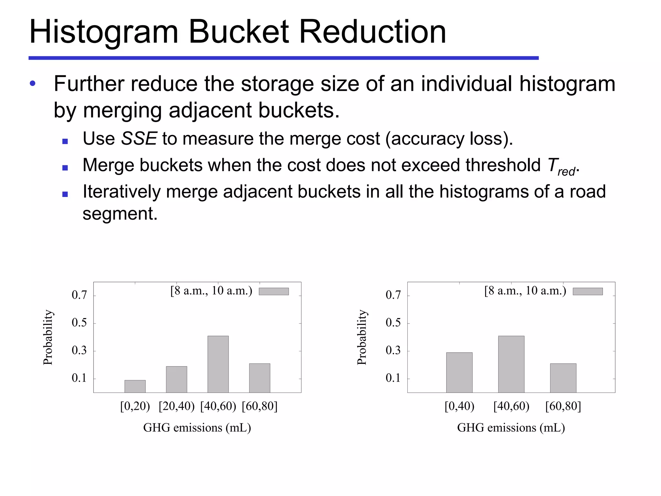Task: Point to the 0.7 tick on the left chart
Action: (x=79, y=295)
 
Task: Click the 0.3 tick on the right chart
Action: (x=393, y=351)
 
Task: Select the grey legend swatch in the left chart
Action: (x=274, y=291)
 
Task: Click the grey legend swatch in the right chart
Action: (x=587, y=291)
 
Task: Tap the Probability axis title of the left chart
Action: (x=48, y=337)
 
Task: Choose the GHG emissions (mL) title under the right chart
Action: (x=511, y=428)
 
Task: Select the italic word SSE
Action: (x=139, y=139)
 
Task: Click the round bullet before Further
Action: (x=33, y=84)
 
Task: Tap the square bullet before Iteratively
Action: (x=65, y=194)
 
